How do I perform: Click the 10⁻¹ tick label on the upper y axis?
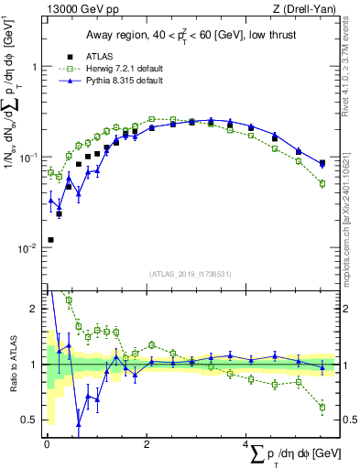[x=31, y=158]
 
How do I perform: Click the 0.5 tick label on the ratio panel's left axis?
[x=32, y=420]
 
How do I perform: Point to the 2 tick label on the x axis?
[x=147, y=444]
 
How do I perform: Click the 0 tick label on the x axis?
[x=47, y=444]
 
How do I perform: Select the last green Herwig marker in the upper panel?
[x=322, y=183]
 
